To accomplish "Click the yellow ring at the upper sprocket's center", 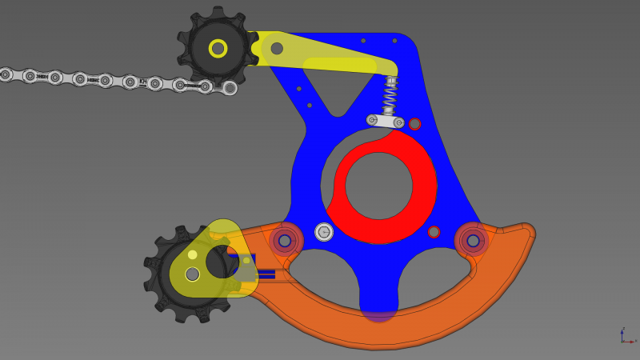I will coord(218,48).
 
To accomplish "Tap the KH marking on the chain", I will coord(143,82).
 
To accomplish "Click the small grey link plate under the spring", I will coord(386,121).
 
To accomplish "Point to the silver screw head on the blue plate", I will coord(324,232).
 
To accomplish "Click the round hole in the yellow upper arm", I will coord(277,48).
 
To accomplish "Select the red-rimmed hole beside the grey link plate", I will coord(414,124).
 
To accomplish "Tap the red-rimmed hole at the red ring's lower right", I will coord(434,232).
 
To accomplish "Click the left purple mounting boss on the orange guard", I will coord(285,240).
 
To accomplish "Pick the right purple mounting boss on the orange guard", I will coord(473,240).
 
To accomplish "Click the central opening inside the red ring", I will coord(379,186).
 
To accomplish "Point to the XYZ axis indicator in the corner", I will coord(626,337).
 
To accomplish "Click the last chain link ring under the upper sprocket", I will coord(230,88).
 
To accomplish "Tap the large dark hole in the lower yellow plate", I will coord(220,262).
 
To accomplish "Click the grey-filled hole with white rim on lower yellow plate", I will coord(192,274).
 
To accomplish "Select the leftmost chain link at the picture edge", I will coord(6,74).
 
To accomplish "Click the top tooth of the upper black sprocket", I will coord(218,12).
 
